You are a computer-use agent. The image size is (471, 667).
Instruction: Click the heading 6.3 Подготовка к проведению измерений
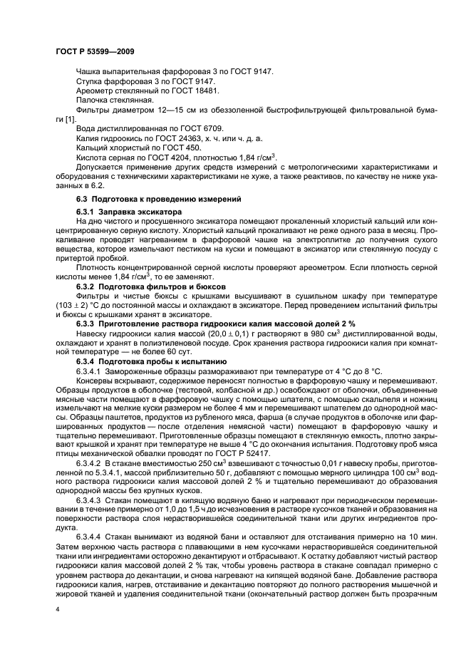[158, 197]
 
